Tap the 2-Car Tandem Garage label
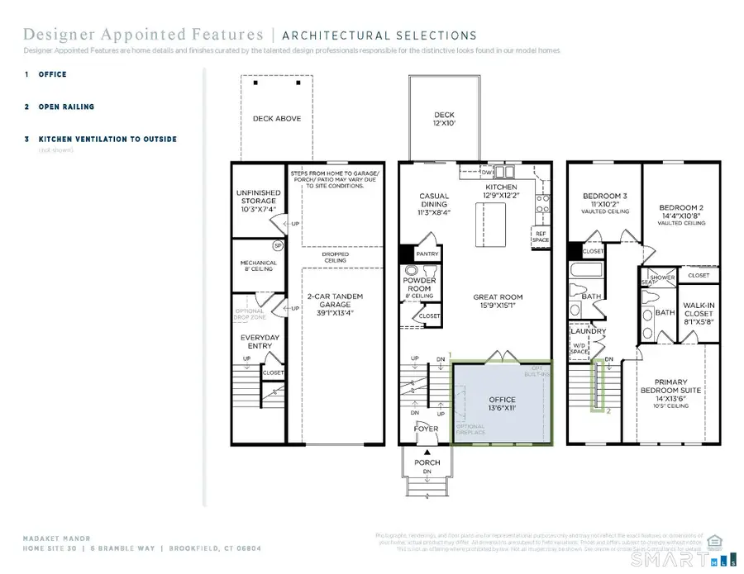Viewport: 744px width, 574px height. click(x=335, y=304)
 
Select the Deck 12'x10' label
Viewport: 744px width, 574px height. click(x=444, y=120)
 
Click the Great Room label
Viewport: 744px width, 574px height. click(x=497, y=301)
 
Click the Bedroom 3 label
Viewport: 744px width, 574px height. click(x=604, y=202)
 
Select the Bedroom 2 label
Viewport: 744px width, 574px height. click(x=680, y=212)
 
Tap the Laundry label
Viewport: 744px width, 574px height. click(x=589, y=331)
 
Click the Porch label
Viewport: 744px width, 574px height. click(x=427, y=462)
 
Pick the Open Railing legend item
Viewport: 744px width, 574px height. click(x=65, y=107)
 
